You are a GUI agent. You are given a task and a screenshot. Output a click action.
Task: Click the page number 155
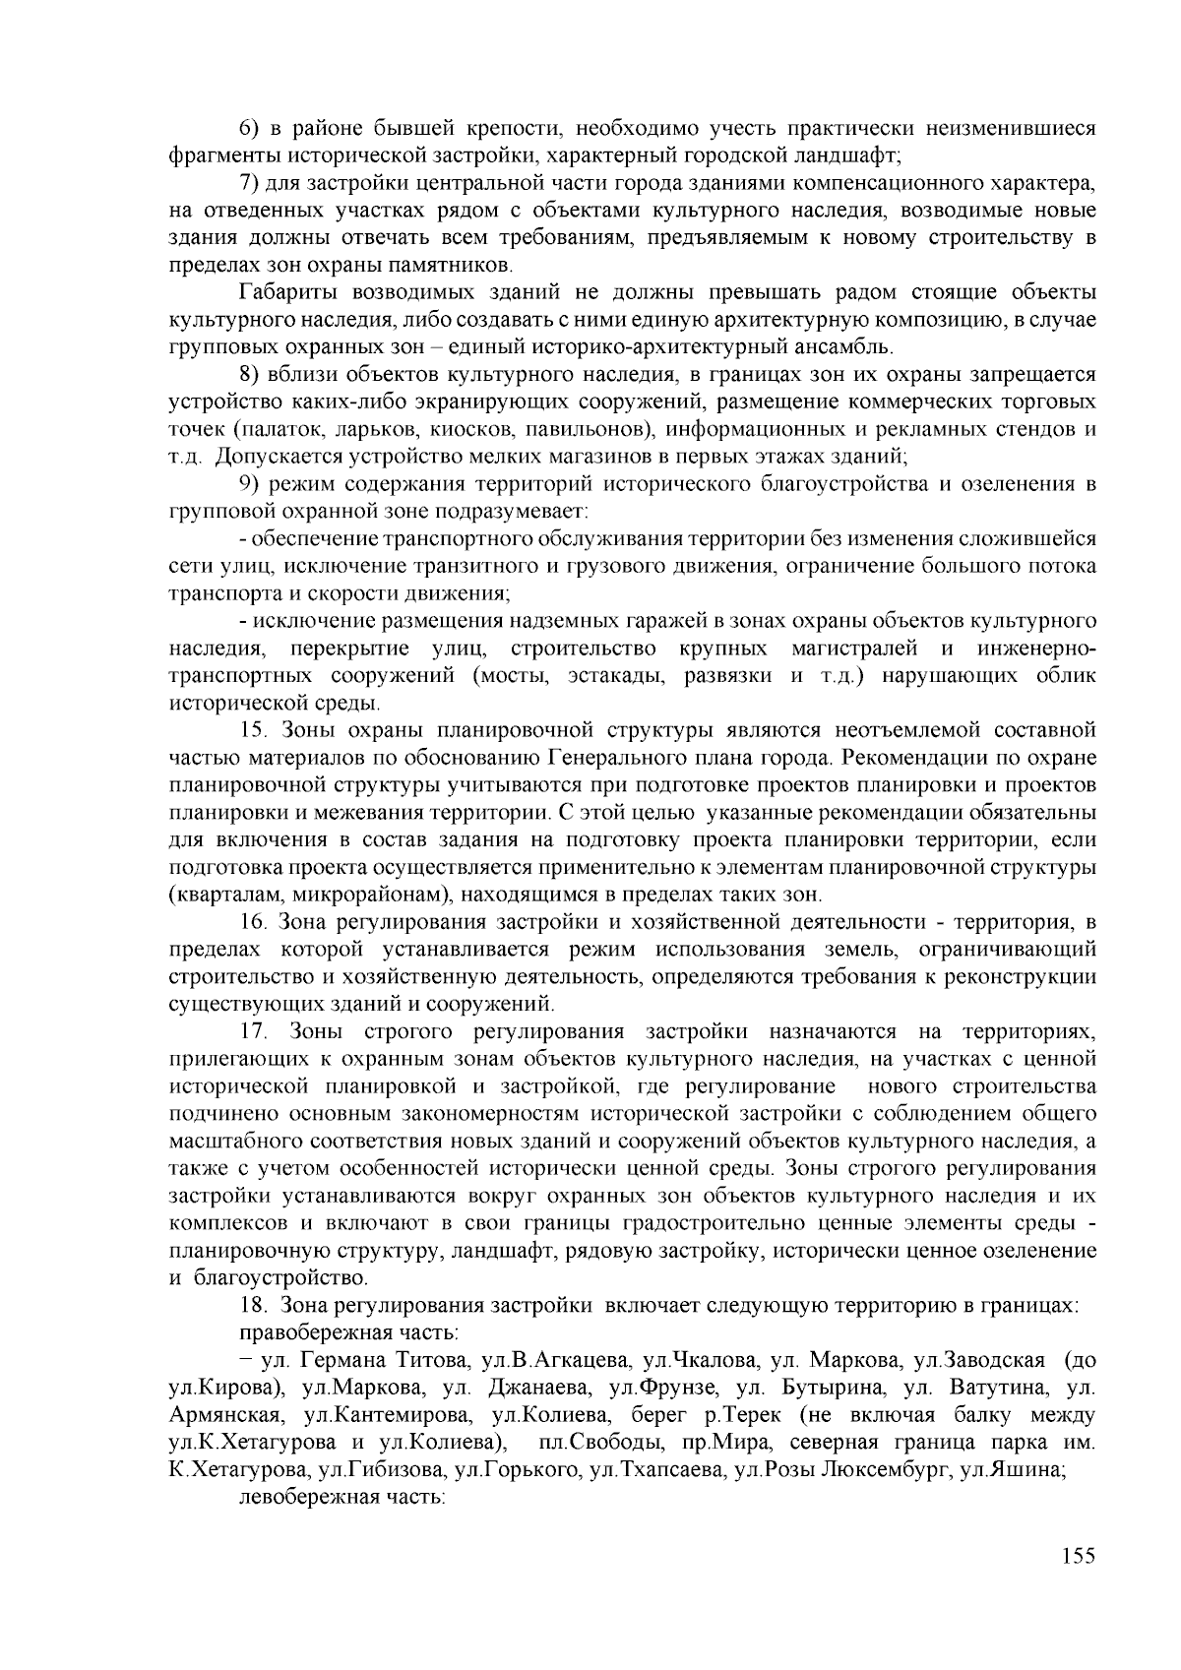(x=1079, y=1555)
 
